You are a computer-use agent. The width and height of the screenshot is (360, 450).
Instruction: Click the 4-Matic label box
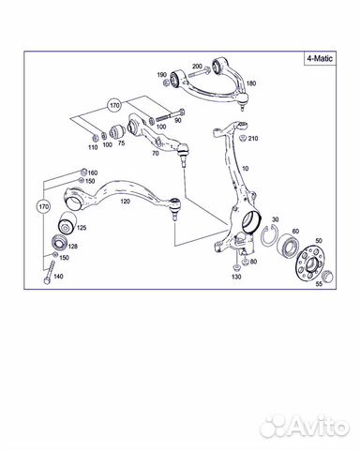(320, 58)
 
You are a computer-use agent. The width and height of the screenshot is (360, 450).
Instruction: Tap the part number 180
(251, 83)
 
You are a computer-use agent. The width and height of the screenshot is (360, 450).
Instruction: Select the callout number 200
(197, 67)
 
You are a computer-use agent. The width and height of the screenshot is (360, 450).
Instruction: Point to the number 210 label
(253, 138)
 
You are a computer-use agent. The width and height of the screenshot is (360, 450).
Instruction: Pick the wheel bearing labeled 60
(289, 245)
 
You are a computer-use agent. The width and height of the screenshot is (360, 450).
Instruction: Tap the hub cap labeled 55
(327, 277)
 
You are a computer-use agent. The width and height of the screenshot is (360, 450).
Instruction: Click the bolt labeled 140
(49, 273)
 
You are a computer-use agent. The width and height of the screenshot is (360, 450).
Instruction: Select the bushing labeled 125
(66, 223)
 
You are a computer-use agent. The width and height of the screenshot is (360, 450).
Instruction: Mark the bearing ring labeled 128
(58, 243)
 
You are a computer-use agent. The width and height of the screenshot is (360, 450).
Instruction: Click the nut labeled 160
(83, 172)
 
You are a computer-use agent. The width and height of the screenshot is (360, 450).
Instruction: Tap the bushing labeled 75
(119, 132)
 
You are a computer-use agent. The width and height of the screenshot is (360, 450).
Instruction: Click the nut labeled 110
(94, 137)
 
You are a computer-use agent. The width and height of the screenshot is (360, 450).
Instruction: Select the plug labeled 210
(242, 138)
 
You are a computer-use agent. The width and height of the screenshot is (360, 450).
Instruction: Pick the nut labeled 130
(236, 267)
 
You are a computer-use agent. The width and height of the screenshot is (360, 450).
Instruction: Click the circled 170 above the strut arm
(114, 106)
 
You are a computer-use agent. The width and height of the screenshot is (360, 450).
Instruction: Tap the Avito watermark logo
(305, 427)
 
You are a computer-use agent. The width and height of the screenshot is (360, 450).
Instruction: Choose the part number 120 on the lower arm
(125, 202)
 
